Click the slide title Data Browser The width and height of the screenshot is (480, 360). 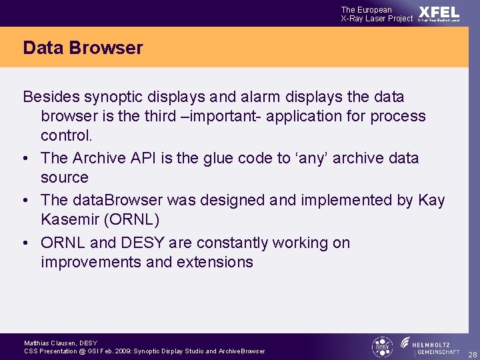click(x=83, y=48)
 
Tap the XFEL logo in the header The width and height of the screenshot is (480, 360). click(x=439, y=13)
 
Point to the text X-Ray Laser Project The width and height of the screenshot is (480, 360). click(x=377, y=19)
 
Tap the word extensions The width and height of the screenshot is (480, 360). click(x=215, y=262)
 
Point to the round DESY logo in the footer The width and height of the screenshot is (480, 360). click(x=382, y=347)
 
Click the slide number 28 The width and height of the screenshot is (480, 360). click(x=472, y=353)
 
